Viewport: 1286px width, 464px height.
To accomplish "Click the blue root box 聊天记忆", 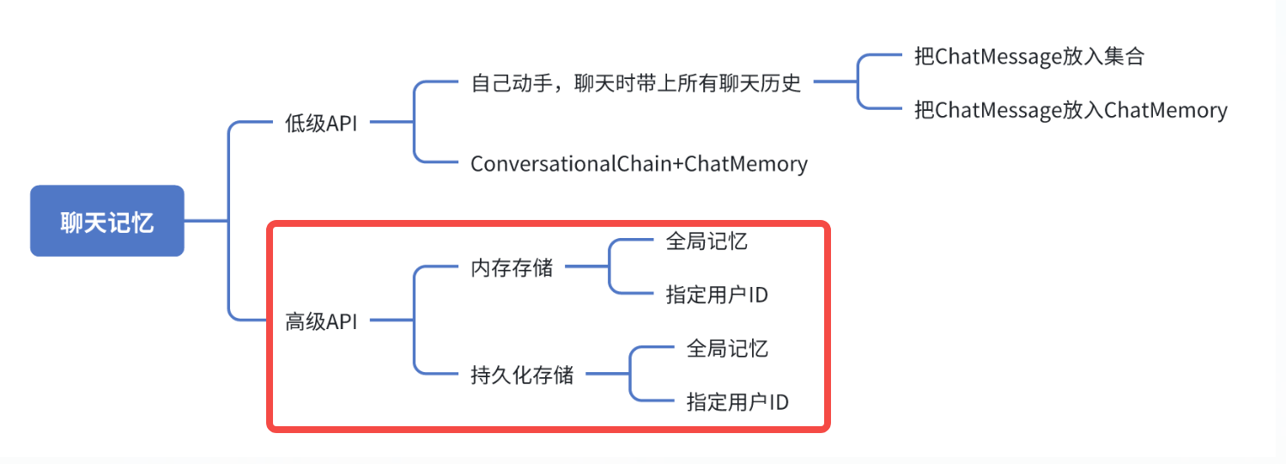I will click(107, 221).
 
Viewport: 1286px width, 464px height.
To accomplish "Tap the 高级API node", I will click(321, 322).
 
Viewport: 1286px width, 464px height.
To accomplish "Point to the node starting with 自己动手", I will click(635, 83).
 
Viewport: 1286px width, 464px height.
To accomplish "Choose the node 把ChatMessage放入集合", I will click(1029, 57).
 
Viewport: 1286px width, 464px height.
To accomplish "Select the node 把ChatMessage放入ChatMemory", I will click(1071, 110).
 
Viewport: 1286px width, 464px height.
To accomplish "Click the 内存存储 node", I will click(512, 268).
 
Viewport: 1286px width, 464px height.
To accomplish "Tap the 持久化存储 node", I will click(522, 375).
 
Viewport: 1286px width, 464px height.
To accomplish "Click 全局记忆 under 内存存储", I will click(707, 241).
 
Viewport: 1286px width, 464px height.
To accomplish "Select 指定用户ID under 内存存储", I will click(716, 295).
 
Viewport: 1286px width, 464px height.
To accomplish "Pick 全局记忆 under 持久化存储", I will click(727, 348).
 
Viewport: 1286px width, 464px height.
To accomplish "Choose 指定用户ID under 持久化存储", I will click(737, 401).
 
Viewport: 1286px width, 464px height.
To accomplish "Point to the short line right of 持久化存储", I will click(607, 374).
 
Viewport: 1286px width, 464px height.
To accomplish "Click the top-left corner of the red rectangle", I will click(271, 226).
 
